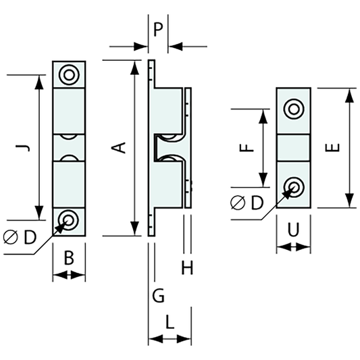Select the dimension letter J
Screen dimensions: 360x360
[24, 147]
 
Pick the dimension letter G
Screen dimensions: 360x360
[158, 295]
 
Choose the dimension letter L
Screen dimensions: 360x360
[170, 323]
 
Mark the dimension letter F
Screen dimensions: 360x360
[248, 147]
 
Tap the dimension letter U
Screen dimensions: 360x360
[293, 230]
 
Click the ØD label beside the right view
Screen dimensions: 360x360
[247, 203]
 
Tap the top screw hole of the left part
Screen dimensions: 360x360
[69, 74]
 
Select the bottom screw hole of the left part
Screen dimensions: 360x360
[69, 219]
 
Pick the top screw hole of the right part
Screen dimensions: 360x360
[293, 108]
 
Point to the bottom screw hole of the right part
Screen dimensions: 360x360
[293, 186]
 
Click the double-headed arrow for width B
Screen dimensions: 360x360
[69, 275]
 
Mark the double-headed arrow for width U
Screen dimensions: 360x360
[293, 248]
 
